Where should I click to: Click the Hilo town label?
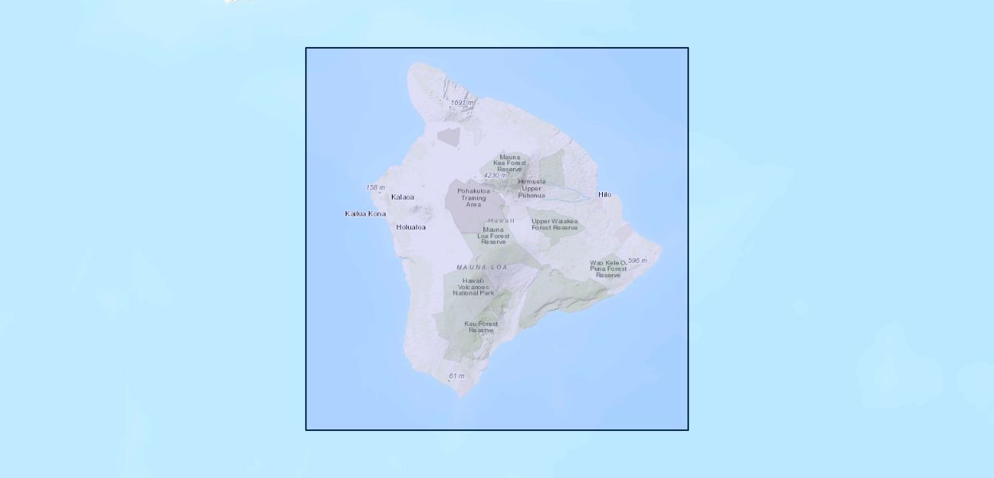click(605, 194)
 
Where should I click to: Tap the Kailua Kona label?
click(365, 214)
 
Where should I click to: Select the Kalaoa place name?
click(402, 197)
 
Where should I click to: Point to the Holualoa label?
click(411, 227)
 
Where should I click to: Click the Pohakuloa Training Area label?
click(473, 198)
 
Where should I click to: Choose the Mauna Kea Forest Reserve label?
click(510, 163)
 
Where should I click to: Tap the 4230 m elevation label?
click(495, 175)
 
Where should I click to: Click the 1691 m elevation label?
click(462, 103)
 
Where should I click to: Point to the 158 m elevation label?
click(375, 188)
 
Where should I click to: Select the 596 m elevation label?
click(637, 261)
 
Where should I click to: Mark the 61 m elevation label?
click(456, 376)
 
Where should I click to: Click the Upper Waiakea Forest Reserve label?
click(554, 225)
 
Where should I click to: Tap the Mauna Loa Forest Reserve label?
click(493, 236)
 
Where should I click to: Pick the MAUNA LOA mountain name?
click(482, 267)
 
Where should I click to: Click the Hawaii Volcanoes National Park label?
click(473, 287)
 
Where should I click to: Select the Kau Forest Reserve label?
click(481, 327)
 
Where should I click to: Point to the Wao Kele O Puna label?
click(609, 268)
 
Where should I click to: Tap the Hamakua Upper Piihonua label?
click(531, 188)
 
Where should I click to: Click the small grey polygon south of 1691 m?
click(448, 137)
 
